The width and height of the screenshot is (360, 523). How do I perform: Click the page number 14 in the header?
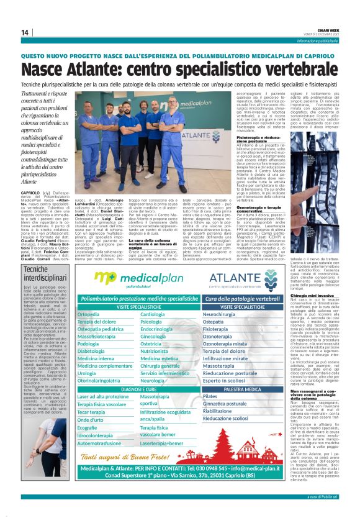[x=24, y=32]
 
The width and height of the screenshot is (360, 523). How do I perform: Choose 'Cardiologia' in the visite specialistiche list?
[x=153, y=315]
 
